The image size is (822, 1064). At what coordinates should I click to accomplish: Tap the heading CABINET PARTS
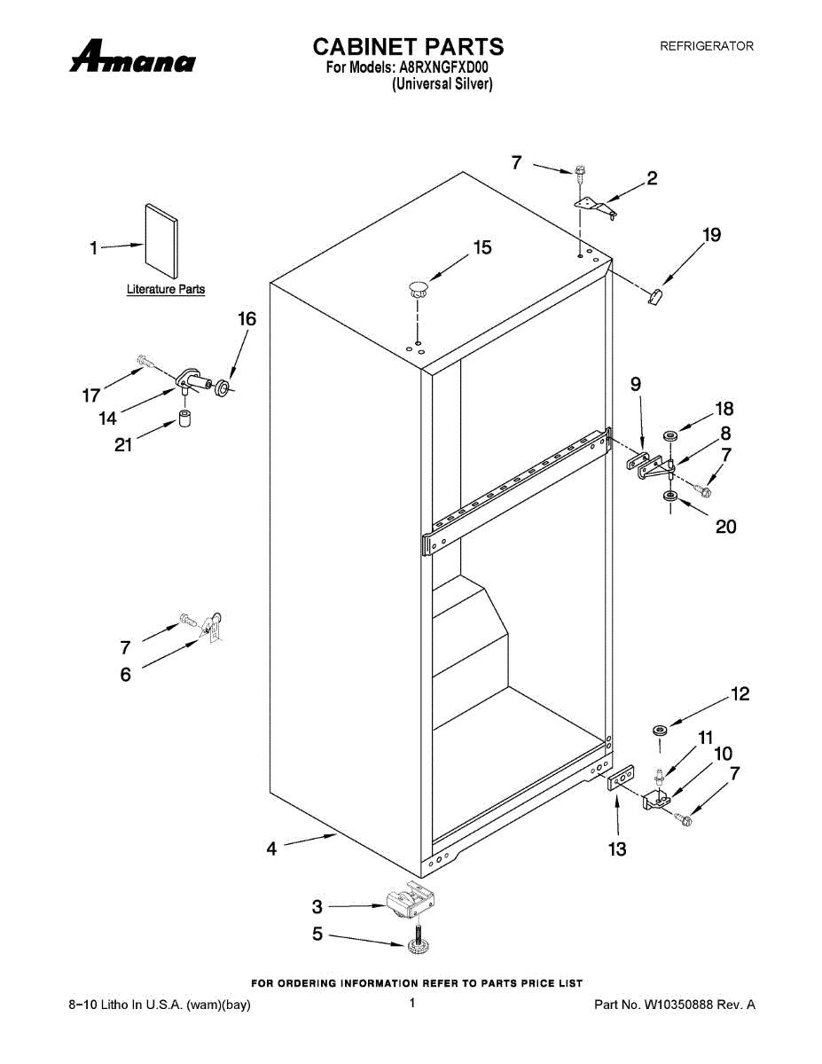coord(409,46)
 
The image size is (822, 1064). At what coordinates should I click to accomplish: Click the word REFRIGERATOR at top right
coord(706,46)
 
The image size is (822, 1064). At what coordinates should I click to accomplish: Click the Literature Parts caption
coord(166,289)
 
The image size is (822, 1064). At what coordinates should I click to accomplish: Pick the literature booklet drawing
coord(160,239)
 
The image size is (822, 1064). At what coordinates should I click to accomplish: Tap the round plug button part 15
coord(417,286)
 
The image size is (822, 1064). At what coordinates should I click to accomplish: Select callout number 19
coord(711,235)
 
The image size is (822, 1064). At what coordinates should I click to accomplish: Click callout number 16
coord(247,319)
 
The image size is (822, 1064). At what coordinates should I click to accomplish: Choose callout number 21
coord(123,444)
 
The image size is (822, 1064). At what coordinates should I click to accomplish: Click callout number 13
coord(617,849)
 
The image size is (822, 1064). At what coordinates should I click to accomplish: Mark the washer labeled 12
coord(660,730)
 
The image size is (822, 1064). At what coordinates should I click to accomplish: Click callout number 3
coord(317,906)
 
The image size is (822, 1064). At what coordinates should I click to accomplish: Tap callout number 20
coord(725,526)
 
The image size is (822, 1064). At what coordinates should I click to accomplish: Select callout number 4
coord(272,849)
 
